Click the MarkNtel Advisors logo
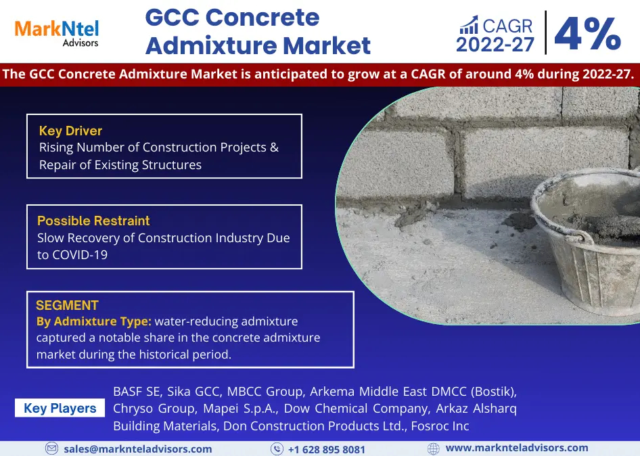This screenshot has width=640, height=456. coord(57,33)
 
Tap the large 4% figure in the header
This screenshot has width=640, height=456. coord(588,33)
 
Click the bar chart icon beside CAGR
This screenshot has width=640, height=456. coord(469,25)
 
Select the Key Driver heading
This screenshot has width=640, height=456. coord(70,131)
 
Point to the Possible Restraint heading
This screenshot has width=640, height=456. coord(93,221)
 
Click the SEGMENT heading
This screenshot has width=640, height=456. coord(68,305)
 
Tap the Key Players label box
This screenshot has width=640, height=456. coord(60,408)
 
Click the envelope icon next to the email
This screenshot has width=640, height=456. coord(52,449)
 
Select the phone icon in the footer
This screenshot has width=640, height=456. coord(277,449)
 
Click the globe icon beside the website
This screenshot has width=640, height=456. coord(434,449)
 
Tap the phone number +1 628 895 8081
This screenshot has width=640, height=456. coord(327,449)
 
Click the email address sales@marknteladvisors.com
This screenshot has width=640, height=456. coord(138,449)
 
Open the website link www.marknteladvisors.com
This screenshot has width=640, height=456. coord(517,448)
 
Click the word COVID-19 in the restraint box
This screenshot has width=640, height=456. coord(80,255)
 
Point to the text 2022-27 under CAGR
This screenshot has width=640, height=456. coord(495,45)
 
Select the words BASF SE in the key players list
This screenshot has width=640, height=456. coord(137,392)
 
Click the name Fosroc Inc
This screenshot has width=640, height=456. coord(440,426)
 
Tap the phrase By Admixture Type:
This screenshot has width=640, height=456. coord(94,321)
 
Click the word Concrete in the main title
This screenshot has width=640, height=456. coord(262,18)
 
